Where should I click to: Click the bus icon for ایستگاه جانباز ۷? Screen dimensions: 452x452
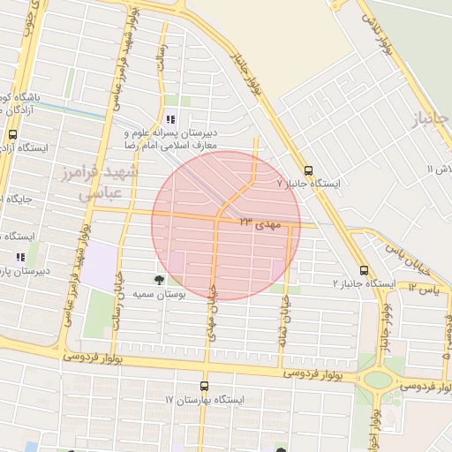tap(308, 170)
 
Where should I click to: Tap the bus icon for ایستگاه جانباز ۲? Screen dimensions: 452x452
tap(364, 271)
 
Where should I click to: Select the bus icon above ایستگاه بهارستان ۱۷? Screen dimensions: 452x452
tap(205, 386)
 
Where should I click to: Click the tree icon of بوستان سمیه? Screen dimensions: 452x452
tap(159, 279)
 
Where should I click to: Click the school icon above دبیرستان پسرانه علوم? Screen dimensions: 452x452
tap(169, 118)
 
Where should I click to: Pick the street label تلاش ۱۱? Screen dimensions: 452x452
tap(439, 168)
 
